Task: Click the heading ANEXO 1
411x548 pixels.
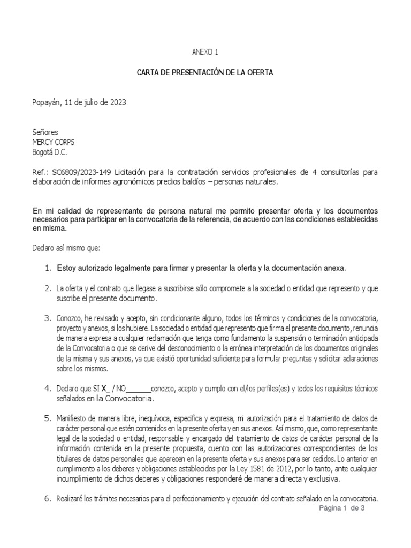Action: pos(205,52)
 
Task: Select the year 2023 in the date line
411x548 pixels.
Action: pos(117,103)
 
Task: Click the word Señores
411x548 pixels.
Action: pos(45,132)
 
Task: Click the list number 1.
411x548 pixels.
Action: pos(48,268)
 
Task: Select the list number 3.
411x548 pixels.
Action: pos(47,318)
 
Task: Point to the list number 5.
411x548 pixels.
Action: pos(47,417)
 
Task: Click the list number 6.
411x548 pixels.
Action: pos(47,499)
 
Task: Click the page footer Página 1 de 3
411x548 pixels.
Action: pos(341,508)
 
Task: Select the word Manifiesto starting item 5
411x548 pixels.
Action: pos(74,417)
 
